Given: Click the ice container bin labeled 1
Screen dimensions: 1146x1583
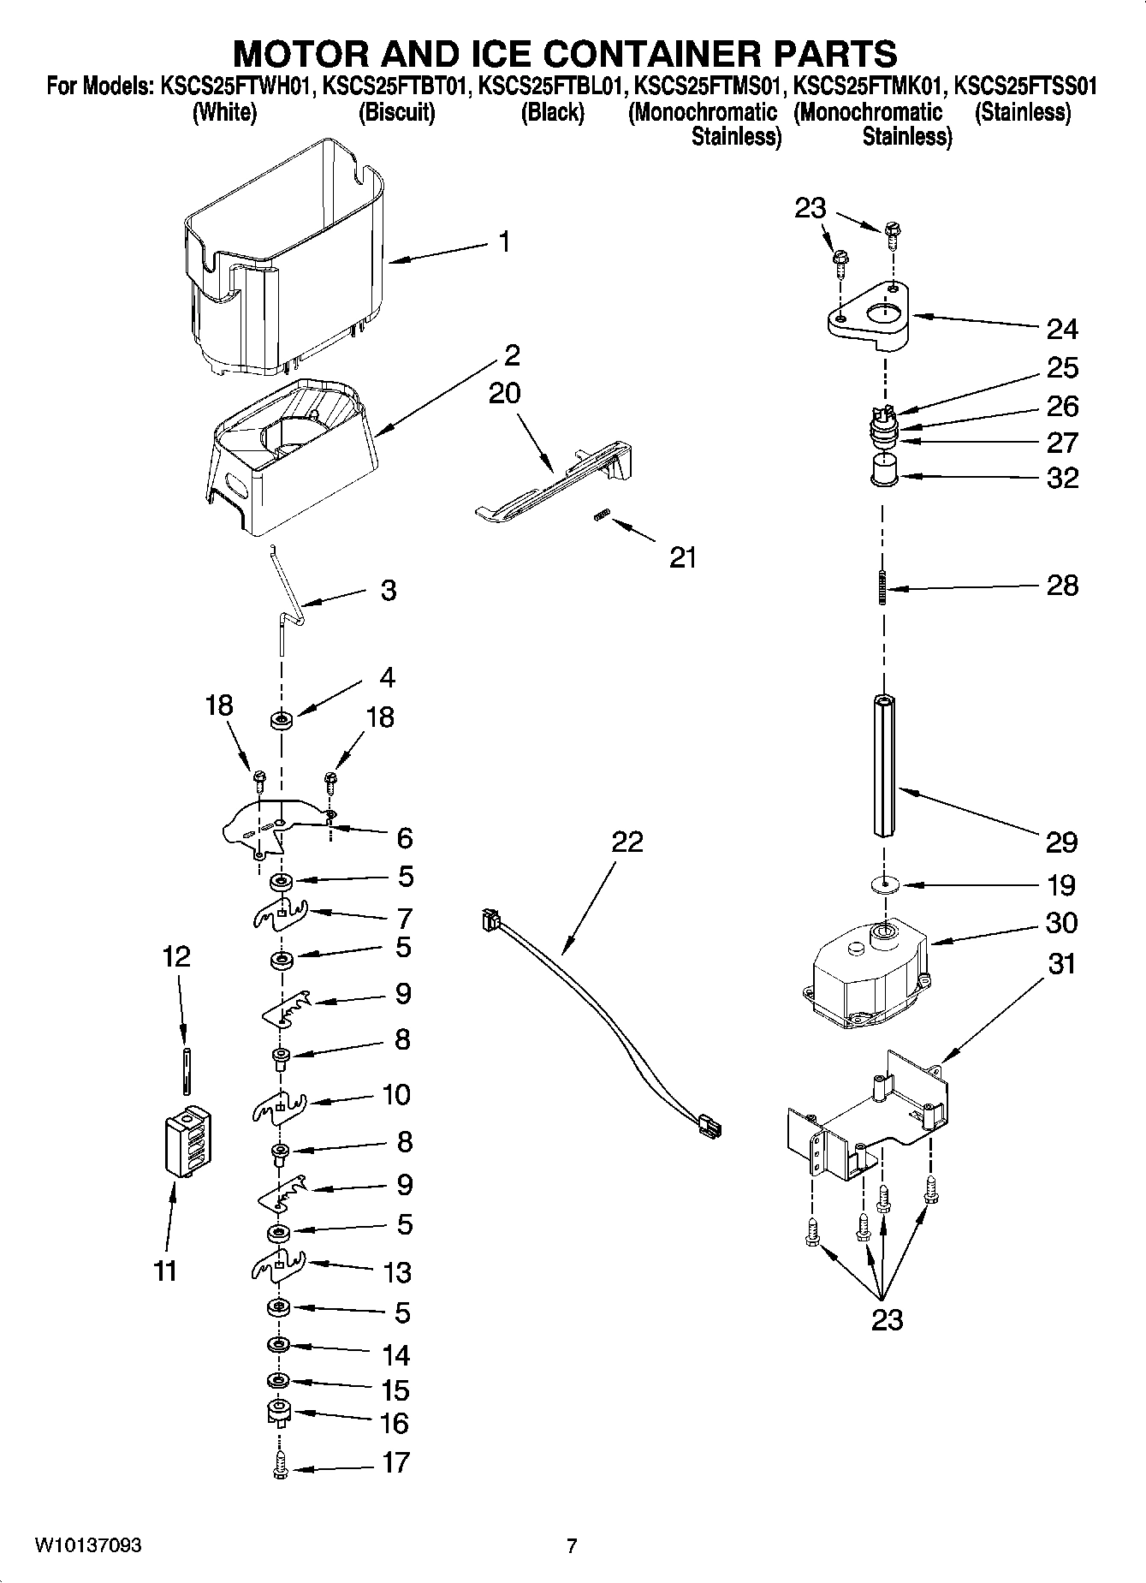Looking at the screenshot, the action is click(282, 257).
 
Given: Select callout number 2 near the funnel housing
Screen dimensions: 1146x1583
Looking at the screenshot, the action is click(512, 354).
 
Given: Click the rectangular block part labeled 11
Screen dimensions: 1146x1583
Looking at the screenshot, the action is click(186, 1144).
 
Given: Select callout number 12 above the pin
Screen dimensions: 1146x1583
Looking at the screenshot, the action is click(176, 956).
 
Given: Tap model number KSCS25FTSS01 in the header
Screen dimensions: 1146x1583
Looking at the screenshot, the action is click(1025, 86).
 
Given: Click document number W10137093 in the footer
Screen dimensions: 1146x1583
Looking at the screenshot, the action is click(88, 1545).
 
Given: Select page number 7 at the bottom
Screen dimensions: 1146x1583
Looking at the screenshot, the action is click(572, 1545).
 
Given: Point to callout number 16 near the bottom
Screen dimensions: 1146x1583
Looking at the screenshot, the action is click(395, 1423).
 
